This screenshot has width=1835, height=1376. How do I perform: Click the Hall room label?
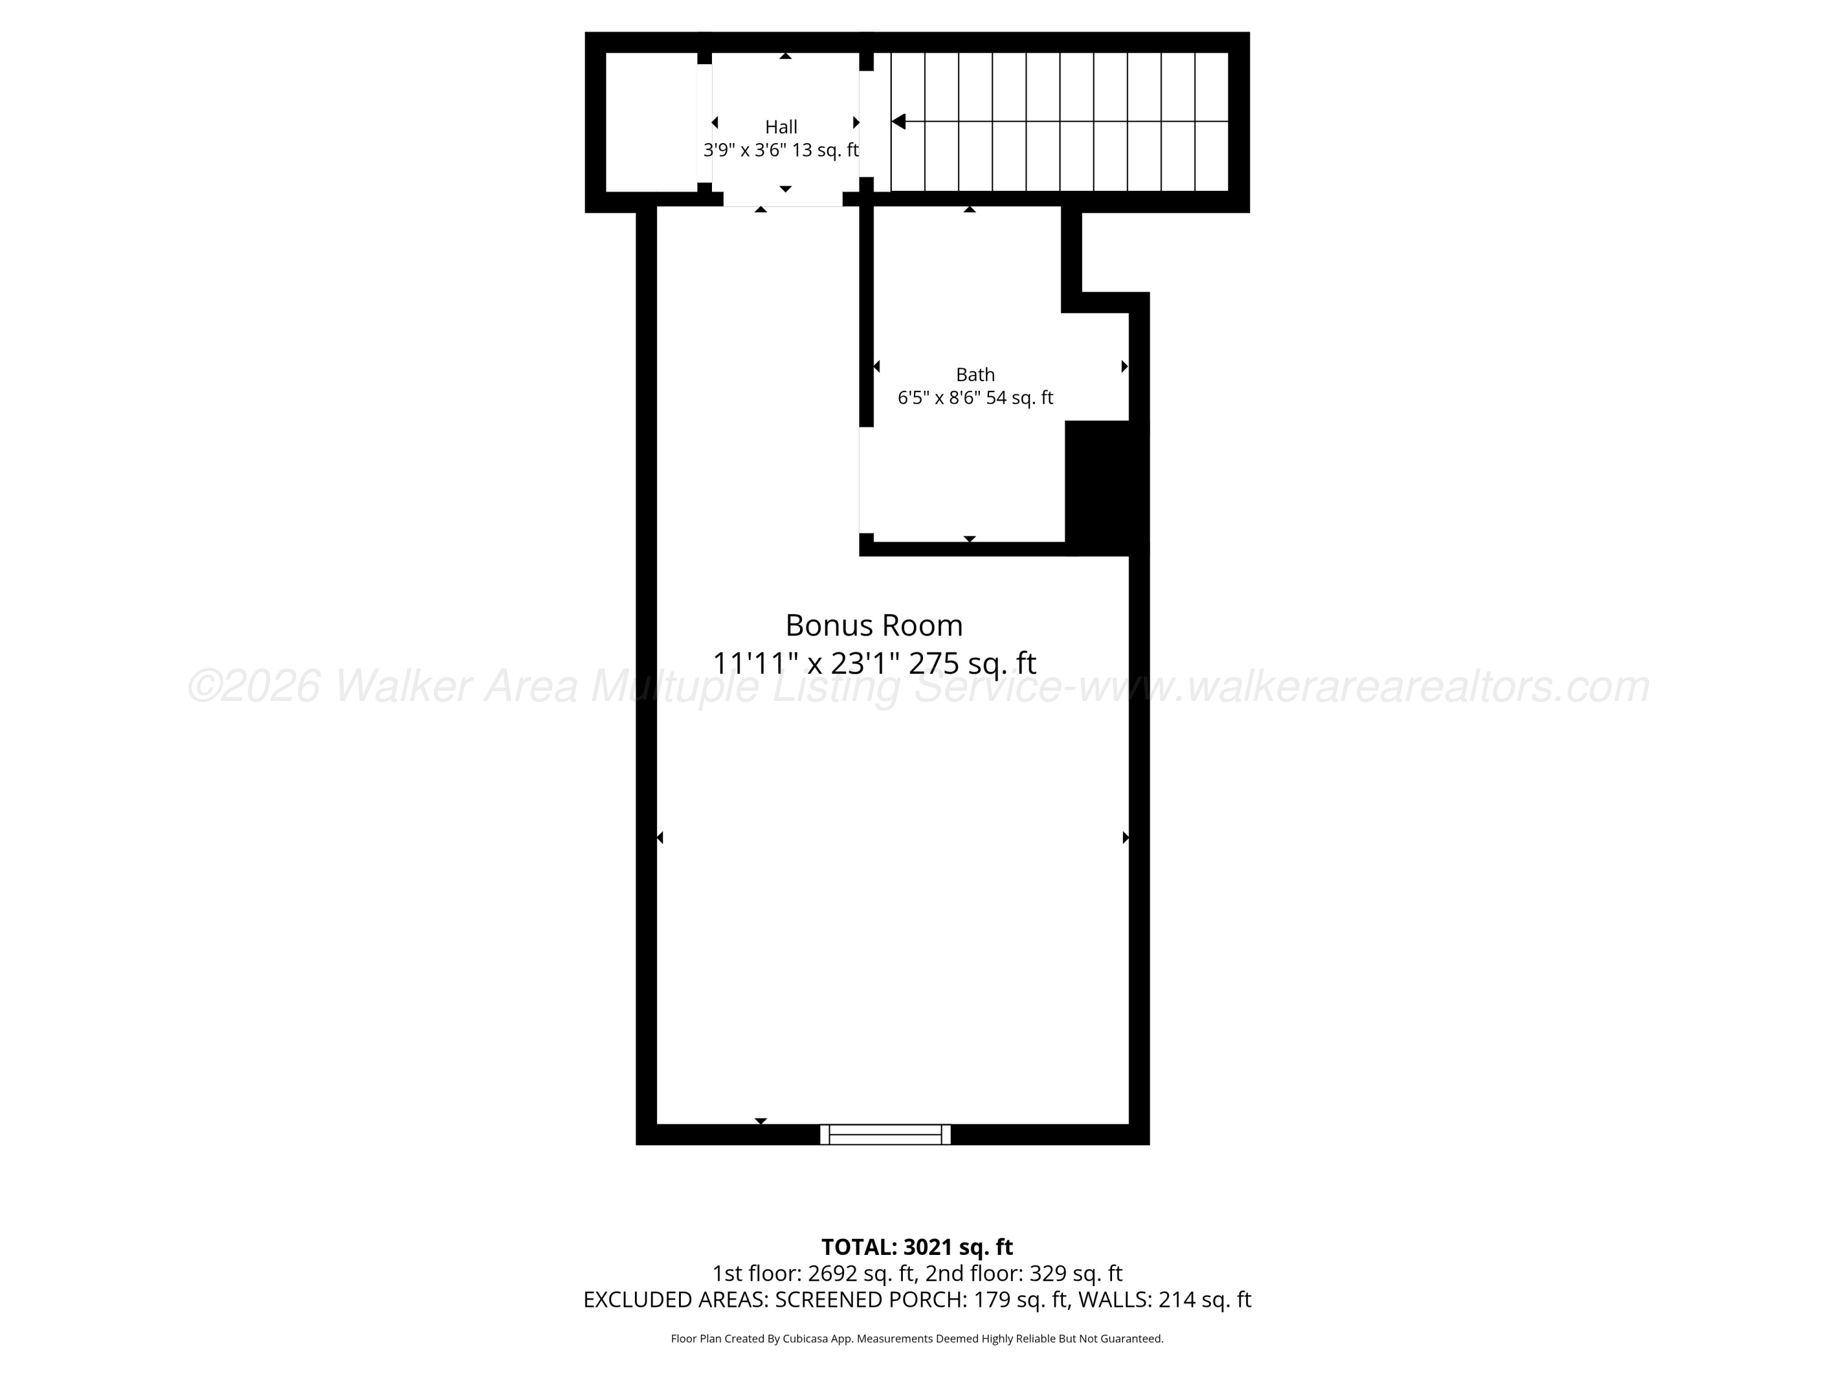(780, 127)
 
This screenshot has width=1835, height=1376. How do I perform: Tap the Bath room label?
(975, 374)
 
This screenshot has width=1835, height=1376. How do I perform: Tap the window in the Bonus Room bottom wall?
(885, 1134)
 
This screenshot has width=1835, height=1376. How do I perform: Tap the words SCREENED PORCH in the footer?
(868, 1300)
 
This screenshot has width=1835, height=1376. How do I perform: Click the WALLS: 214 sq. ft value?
(1164, 1300)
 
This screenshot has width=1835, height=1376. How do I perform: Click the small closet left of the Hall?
(651, 122)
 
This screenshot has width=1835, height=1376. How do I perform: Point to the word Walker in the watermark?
(402, 687)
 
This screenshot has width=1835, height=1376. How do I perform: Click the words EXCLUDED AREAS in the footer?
(675, 1300)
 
